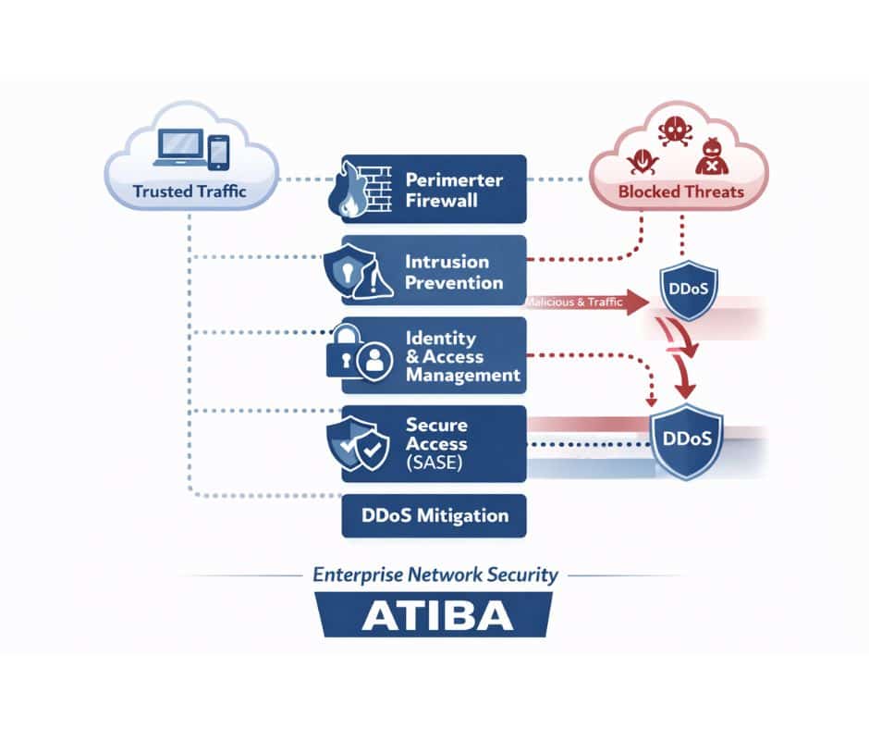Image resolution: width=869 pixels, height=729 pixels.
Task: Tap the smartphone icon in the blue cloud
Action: click(x=218, y=153)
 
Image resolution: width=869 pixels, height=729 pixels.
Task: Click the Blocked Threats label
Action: click(x=680, y=192)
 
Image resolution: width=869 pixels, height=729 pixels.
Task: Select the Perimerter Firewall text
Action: click(x=454, y=189)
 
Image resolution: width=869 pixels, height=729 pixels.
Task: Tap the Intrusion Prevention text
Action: click(x=454, y=271)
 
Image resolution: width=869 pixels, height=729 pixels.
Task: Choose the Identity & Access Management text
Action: click(x=462, y=357)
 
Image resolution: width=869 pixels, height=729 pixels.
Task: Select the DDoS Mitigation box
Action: click(x=434, y=515)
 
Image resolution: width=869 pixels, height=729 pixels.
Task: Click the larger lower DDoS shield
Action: click(x=687, y=438)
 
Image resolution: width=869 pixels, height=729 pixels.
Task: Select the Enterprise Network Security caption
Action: click(x=434, y=575)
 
